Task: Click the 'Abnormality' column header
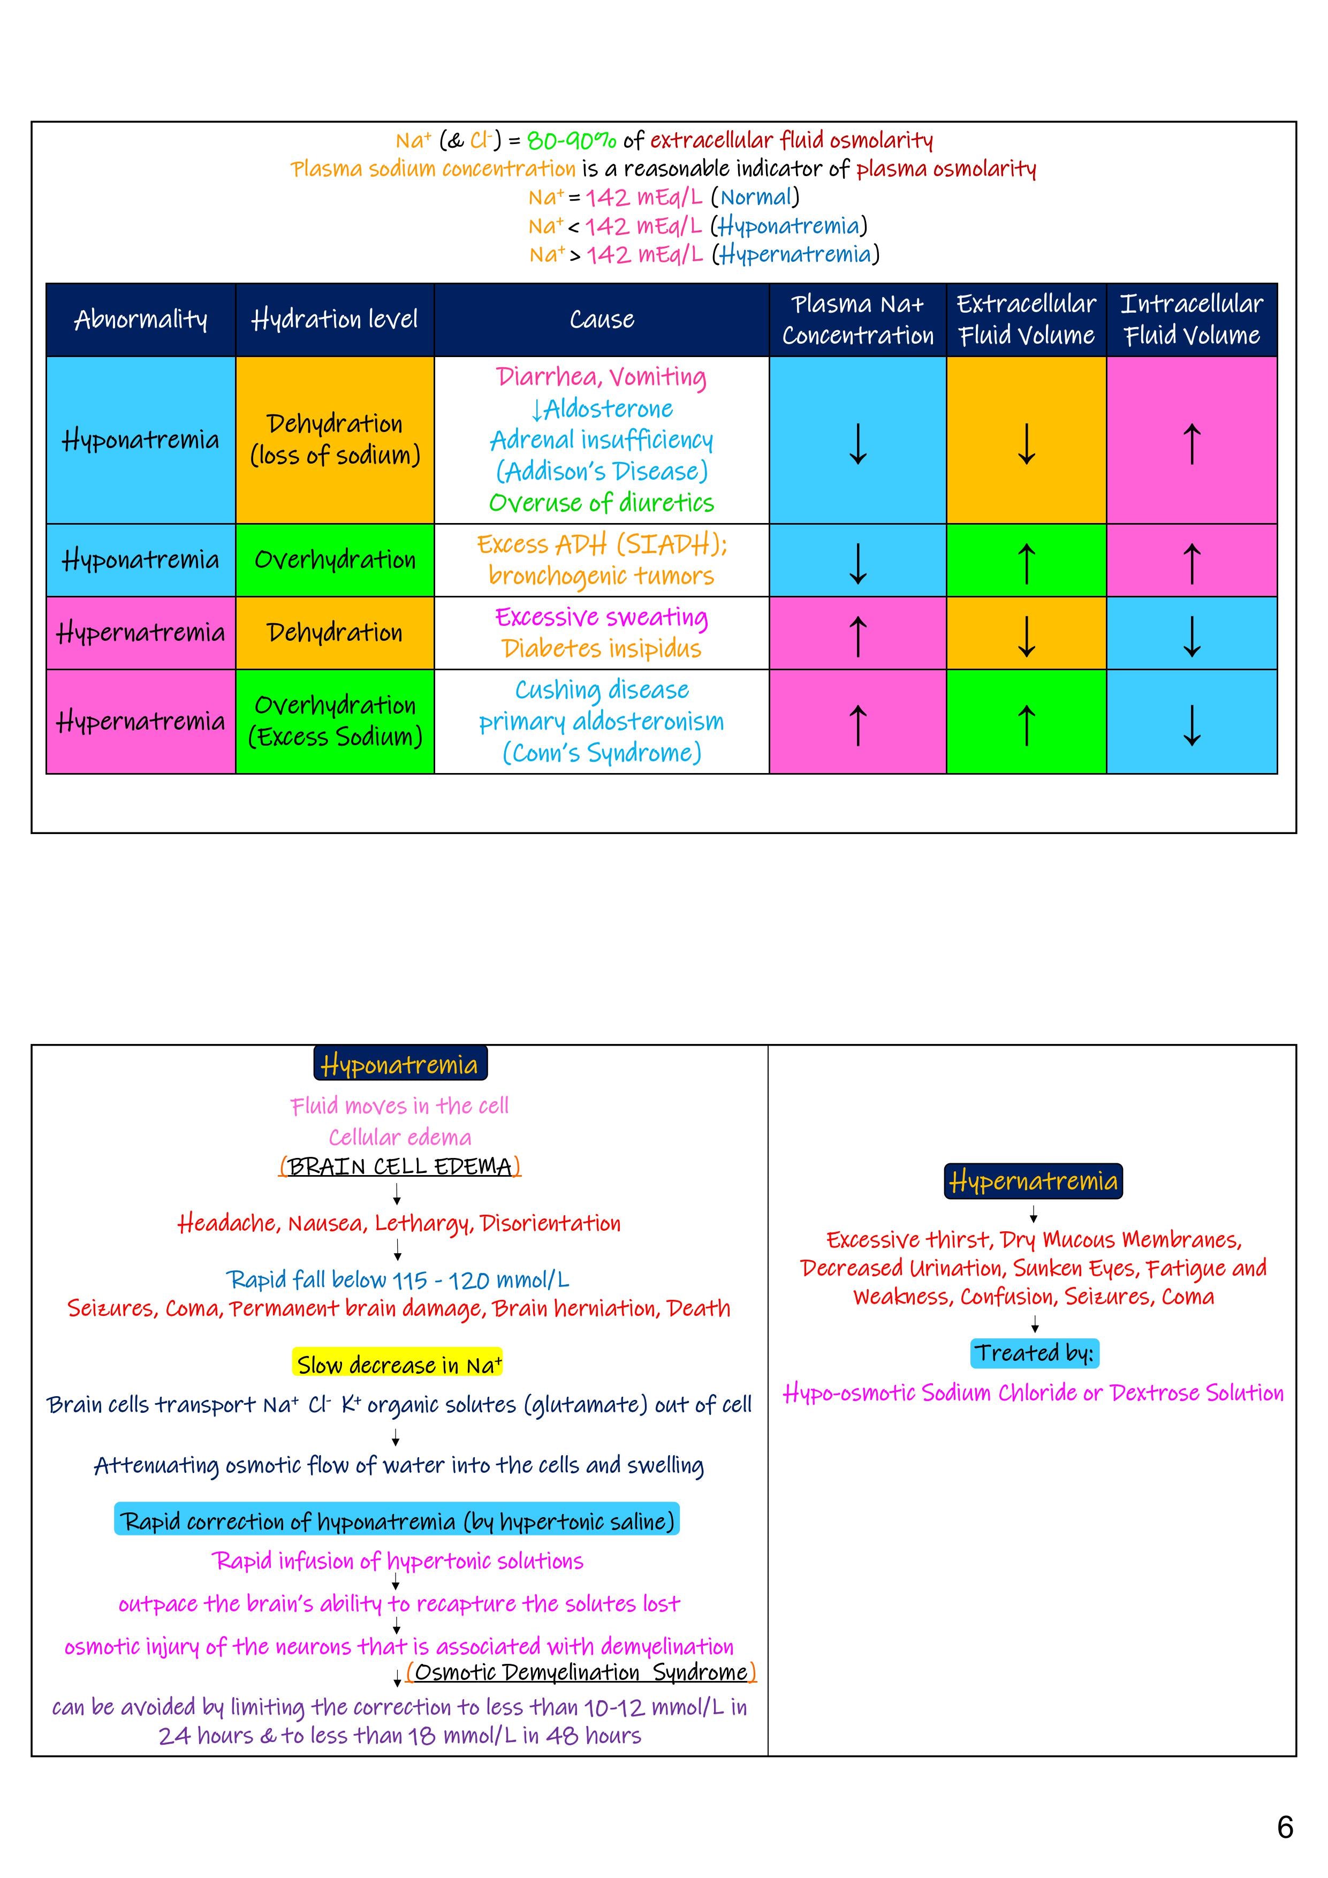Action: (141, 320)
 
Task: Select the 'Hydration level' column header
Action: (335, 320)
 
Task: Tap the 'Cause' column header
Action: (601, 320)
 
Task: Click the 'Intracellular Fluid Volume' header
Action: (1192, 320)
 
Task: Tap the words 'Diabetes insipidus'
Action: (601, 649)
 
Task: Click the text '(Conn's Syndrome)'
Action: (601, 753)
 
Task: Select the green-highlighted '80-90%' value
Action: (572, 141)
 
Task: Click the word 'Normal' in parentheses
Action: (756, 197)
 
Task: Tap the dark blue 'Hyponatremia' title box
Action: (400, 1064)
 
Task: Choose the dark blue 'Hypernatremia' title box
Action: (1033, 1181)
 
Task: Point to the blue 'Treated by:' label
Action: (1034, 1353)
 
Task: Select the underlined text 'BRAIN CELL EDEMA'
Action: (400, 1167)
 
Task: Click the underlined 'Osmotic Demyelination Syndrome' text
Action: (581, 1673)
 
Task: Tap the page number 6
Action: (1285, 1827)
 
